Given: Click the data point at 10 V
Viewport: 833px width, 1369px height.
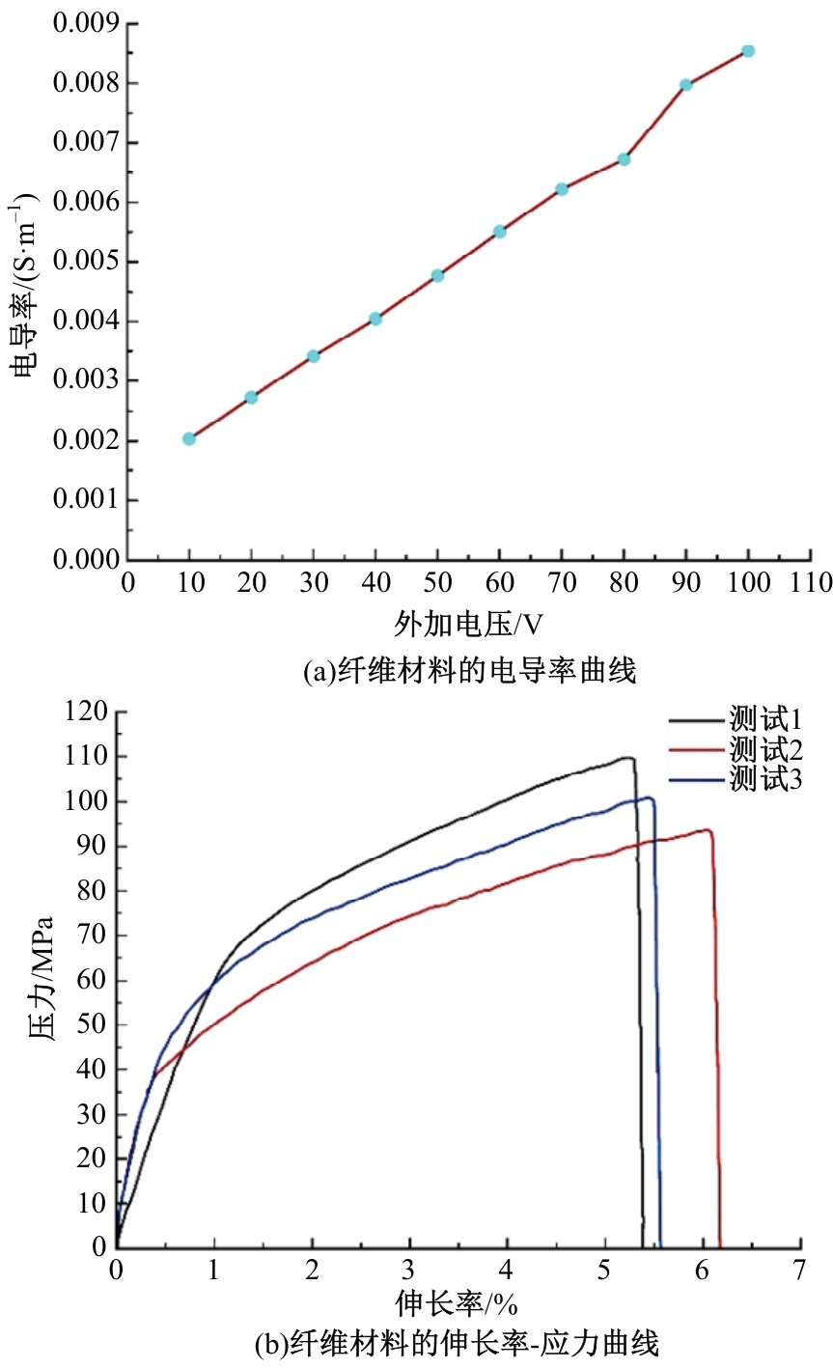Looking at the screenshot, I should pos(189,438).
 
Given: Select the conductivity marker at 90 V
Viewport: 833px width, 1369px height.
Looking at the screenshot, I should pos(686,85).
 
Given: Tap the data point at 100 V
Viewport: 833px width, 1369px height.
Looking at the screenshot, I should pos(748,51).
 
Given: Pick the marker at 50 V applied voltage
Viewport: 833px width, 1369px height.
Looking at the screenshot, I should pos(437,275).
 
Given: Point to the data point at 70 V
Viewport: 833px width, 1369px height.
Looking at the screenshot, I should pos(562,189).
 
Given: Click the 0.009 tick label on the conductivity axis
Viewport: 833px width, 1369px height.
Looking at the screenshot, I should pos(85,23).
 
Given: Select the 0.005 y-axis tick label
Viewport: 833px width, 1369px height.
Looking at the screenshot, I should pos(85,262).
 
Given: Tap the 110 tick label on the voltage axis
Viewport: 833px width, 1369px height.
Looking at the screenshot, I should pos(810,583).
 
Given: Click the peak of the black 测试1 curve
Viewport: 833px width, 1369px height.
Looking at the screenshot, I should pos(627,758).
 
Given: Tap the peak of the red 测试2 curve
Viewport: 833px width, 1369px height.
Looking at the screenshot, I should pos(708,829).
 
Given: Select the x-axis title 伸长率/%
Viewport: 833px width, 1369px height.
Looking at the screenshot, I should pos(456,1305).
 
